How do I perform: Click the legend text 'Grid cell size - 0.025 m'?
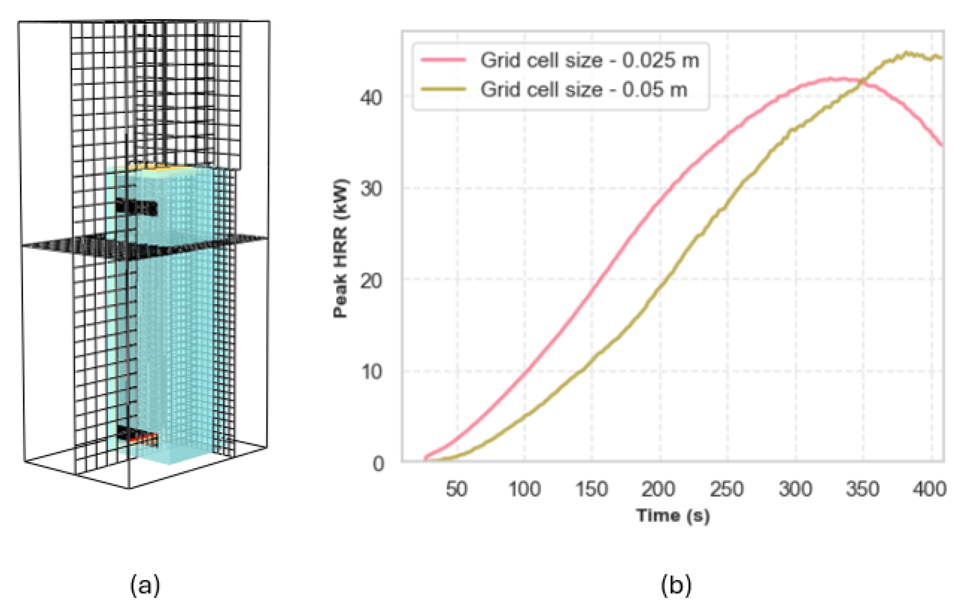[x=589, y=60]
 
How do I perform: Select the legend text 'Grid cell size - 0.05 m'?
[x=584, y=89]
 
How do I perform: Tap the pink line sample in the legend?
[x=443, y=60]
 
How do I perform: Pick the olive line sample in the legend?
[x=443, y=89]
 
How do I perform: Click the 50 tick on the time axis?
[x=456, y=489]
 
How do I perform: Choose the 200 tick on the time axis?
[x=658, y=489]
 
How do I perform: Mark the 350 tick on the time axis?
[x=862, y=489]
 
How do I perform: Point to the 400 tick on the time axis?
[x=929, y=489]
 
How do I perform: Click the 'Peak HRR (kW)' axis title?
[x=340, y=249]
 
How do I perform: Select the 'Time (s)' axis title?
[x=673, y=515]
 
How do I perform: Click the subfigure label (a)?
[x=145, y=585]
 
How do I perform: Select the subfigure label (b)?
[x=676, y=585]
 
